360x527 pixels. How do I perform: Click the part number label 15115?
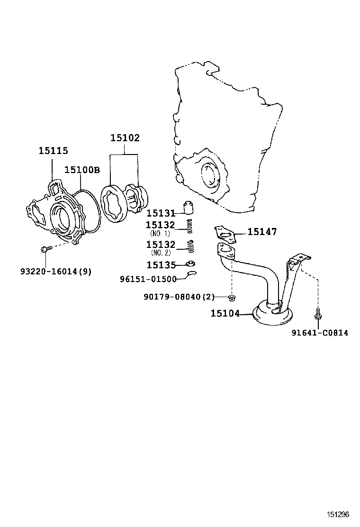(x=53, y=151)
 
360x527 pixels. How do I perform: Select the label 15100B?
(x=82, y=170)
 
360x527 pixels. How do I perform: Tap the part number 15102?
(x=125, y=138)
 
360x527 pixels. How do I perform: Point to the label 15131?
(x=161, y=213)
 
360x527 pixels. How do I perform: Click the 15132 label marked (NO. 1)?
(x=161, y=225)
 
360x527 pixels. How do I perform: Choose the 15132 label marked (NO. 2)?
(x=161, y=245)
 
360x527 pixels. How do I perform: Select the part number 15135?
(x=161, y=265)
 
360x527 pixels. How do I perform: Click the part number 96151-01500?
(x=148, y=279)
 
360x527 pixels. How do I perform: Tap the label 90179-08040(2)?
(x=179, y=297)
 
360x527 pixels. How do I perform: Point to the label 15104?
(x=225, y=313)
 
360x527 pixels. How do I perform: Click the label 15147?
(x=262, y=231)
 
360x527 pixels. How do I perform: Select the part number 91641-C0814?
(x=319, y=333)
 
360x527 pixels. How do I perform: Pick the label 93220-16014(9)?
(x=56, y=272)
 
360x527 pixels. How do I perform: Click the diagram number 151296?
(x=337, y=515)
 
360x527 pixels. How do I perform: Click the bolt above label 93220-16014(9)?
(x=45, y=248)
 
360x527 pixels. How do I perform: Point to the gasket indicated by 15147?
(x=225, y=233)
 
